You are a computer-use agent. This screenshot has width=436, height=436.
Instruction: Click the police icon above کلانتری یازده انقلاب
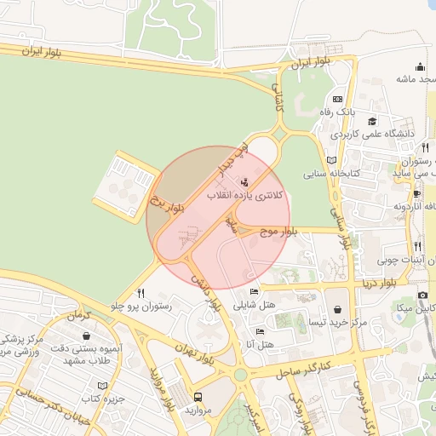click(245, 181)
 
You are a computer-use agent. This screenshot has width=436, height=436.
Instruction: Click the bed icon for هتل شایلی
click(253, 292)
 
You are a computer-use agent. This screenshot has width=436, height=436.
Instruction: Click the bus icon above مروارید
click(198, 397)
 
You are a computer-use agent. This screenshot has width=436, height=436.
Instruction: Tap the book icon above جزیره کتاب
click(103, 386)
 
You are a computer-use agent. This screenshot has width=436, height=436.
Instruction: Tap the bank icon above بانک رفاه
click(337, 98)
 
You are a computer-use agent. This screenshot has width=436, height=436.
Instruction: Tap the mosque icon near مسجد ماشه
click(419, 66)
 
